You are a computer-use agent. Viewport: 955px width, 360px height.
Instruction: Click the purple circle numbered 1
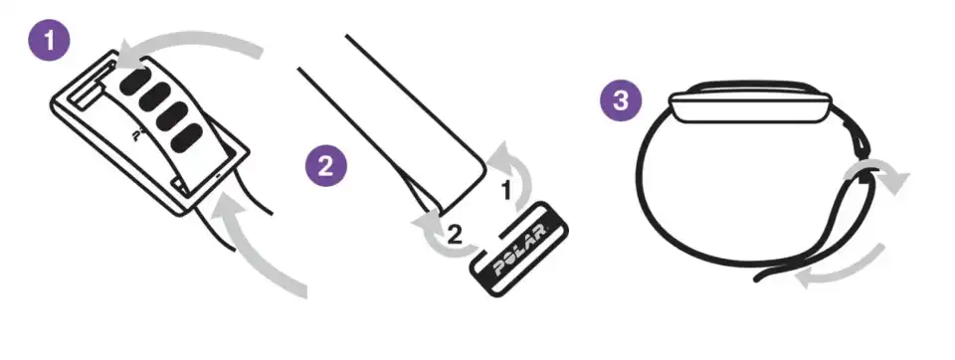pos(49,41)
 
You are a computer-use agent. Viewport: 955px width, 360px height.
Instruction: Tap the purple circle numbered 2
pos(326,166)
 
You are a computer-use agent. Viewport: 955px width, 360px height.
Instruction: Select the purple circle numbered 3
pos(620,100)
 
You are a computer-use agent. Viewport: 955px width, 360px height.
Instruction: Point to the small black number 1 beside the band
pos(505,191)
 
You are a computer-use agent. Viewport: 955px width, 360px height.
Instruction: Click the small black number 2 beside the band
pos(455,235)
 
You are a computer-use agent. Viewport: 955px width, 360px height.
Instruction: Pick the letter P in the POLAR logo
pos(499,269)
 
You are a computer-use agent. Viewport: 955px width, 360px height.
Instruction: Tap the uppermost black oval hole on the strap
pos(134,81)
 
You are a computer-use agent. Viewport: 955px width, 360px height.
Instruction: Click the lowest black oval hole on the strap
pos(187,138)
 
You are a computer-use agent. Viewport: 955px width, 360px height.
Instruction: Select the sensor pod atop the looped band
pos(748,103)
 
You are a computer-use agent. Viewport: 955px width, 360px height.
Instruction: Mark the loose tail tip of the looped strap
pos(757,278)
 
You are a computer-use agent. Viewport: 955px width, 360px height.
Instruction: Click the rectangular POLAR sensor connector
pos(519,250)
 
